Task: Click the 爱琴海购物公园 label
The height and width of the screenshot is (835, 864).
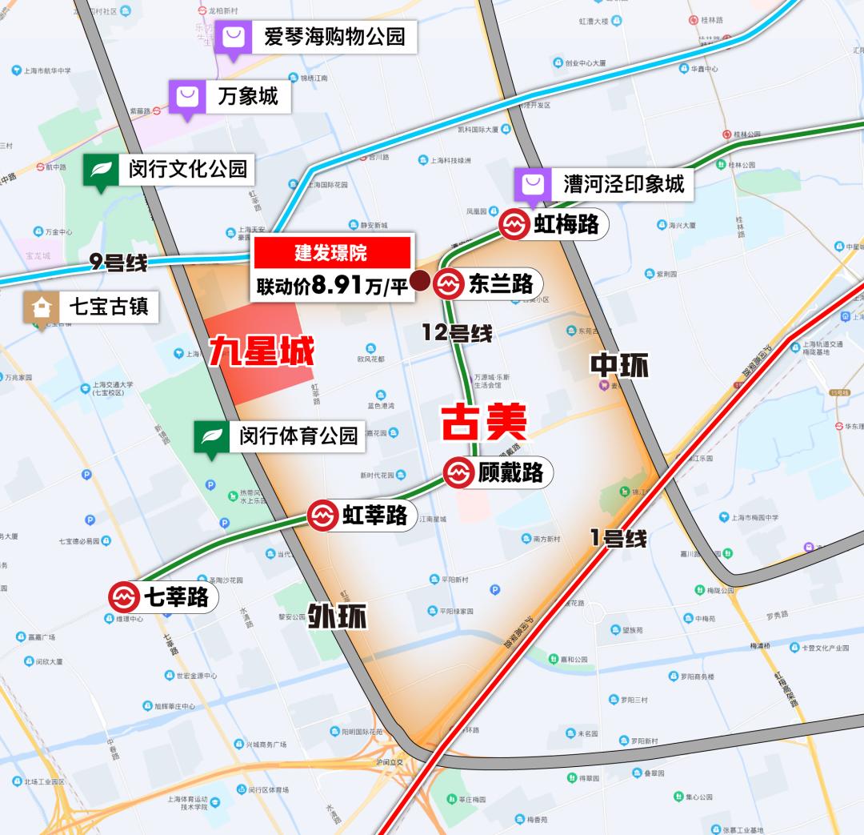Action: (x=334, y=36)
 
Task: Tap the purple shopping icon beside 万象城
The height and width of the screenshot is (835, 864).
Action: (x=186, y=98)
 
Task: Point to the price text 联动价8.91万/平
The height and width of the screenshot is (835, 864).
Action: (x=332, y=285)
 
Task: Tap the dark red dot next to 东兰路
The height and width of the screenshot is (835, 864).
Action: (x=418, y=282)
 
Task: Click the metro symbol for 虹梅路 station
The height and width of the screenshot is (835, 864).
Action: (x=514, y=224)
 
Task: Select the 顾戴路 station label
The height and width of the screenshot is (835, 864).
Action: (x=510, y=472)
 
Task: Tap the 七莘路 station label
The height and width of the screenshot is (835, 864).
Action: (x=175, y=597)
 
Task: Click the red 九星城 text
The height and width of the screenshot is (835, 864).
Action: (x=262, y=353)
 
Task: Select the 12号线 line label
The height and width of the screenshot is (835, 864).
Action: (x=457, y=333)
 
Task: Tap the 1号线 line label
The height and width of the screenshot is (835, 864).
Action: (x=618, y=538)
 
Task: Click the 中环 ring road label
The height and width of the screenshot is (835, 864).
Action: (x=619, y=366)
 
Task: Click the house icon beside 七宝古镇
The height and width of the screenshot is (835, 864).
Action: (x=38, y=307)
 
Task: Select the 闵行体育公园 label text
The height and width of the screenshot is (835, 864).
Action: (x=298, y=436)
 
